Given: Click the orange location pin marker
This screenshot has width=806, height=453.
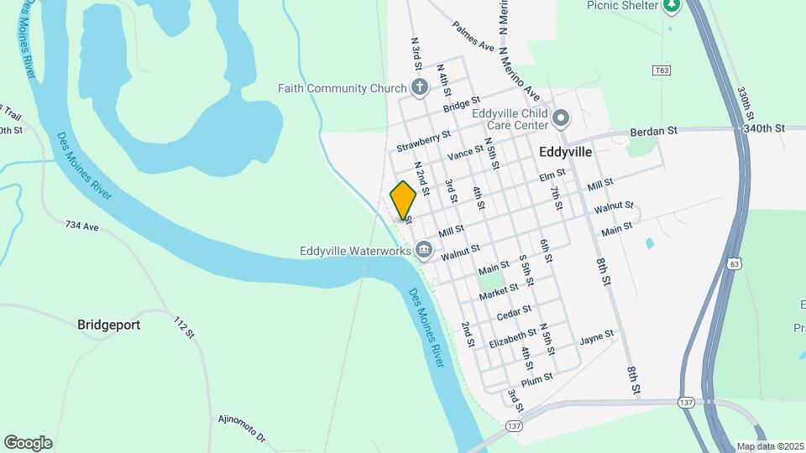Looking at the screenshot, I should [403, 200].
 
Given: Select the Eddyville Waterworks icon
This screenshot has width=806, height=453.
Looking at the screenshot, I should [425, 249].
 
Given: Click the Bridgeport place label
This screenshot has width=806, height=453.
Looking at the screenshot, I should [108, 324].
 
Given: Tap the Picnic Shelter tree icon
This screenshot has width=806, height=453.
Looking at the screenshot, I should [671, 7].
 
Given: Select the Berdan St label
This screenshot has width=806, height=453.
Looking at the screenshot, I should [653, 132].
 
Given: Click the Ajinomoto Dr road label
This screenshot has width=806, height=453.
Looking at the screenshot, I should [241, 428].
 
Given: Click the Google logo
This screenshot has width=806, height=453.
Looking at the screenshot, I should [28, 442].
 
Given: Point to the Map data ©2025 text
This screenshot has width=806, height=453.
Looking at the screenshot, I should [769, 446].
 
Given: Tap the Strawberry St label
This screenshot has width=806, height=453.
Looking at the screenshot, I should [424, 141].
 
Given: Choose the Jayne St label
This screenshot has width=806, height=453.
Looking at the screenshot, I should [597, 338].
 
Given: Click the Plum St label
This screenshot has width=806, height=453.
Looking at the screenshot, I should [536, 379].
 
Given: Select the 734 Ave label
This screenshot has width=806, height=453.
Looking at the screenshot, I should [82, 226].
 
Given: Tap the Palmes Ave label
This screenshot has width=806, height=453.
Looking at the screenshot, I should [474, 36].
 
